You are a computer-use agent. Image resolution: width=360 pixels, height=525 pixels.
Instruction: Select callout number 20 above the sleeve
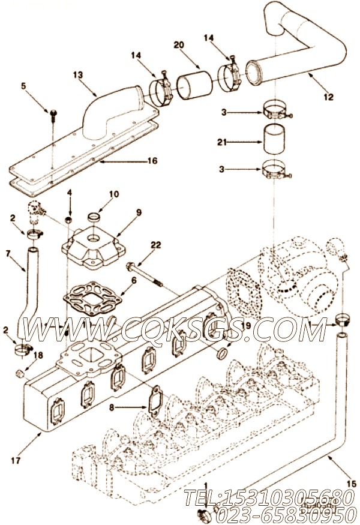179,45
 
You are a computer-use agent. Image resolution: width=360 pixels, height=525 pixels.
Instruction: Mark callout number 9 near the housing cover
139,212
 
